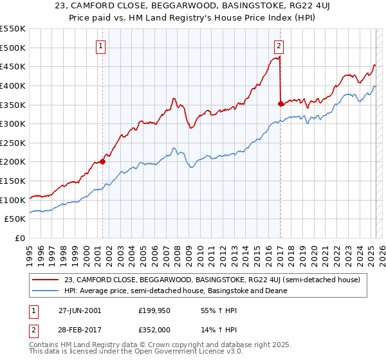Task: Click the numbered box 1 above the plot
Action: (x=102, y=46)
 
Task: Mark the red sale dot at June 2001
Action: (x=102, y=162)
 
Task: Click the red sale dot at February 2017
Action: (x=280, y=104)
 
